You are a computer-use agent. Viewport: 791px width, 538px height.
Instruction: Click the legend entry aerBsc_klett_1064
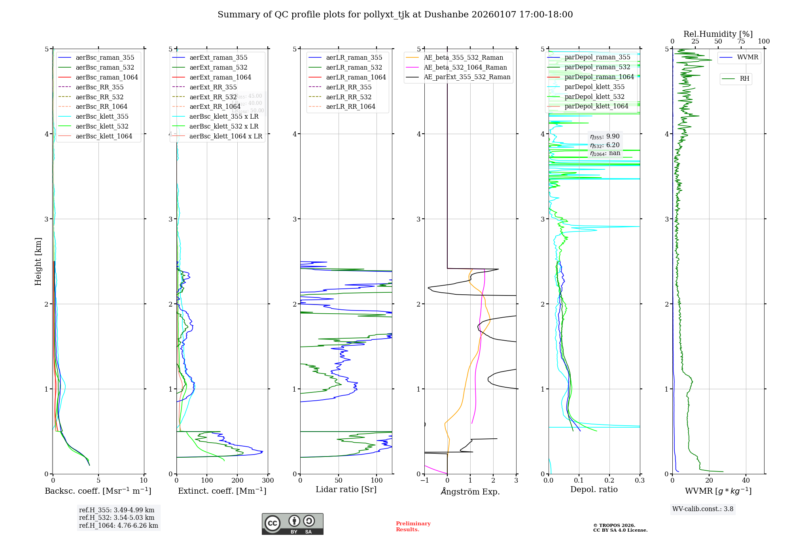coord(104,136)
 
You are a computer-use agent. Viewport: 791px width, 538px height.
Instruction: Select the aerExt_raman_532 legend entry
coord(218,67)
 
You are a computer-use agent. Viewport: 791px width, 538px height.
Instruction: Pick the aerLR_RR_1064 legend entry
coord(350,106)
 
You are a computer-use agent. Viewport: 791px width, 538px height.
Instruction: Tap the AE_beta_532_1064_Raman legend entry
coord(465,67)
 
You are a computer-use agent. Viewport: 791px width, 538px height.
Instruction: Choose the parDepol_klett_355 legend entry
coord(594,87)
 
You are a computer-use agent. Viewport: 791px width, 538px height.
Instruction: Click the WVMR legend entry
coord(747,57)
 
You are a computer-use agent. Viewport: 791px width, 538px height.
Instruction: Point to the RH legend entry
coord(744,79)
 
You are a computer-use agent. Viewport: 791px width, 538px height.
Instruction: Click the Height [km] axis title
coord(38,261)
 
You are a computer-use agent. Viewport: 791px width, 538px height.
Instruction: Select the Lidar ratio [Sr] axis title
coord(346,489)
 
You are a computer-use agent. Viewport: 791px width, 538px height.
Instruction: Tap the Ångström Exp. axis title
coord(470,491)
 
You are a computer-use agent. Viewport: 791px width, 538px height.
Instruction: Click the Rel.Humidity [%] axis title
coord(718,34)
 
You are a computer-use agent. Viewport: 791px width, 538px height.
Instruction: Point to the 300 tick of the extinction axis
coord(268,481)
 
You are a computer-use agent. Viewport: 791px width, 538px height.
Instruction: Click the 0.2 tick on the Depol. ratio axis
coord(609,481)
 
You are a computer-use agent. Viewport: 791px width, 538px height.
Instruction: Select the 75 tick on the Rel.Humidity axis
coord(741,42)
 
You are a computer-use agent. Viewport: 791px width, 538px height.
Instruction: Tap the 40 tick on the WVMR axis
coord(746,481)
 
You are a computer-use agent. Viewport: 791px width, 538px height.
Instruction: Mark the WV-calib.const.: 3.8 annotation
coord(703,509)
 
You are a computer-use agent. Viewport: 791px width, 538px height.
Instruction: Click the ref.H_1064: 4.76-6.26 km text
coord(119,525)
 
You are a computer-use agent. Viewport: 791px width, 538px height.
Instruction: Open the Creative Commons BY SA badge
coord(292,524)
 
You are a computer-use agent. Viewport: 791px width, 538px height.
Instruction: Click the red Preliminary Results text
coord(413,527)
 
